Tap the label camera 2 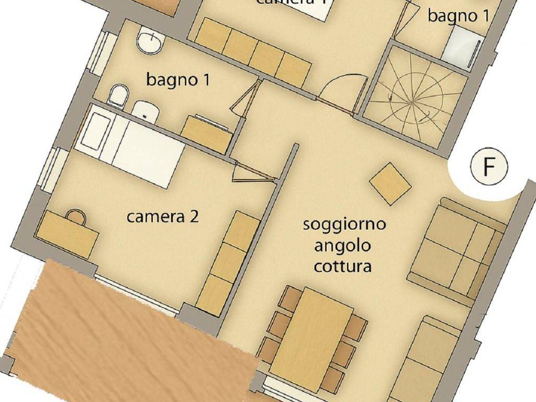(x=162, y=217)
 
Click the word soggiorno (x=344, y=225)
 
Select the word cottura (x=343, y=266)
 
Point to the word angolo (x=343, y=245)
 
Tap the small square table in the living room (x=390, y=183)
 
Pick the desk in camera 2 (x=67, y=233)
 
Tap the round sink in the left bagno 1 (x=151, y=42)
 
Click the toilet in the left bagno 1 (x=118, y=97)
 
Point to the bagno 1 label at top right (x=459, y=16)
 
